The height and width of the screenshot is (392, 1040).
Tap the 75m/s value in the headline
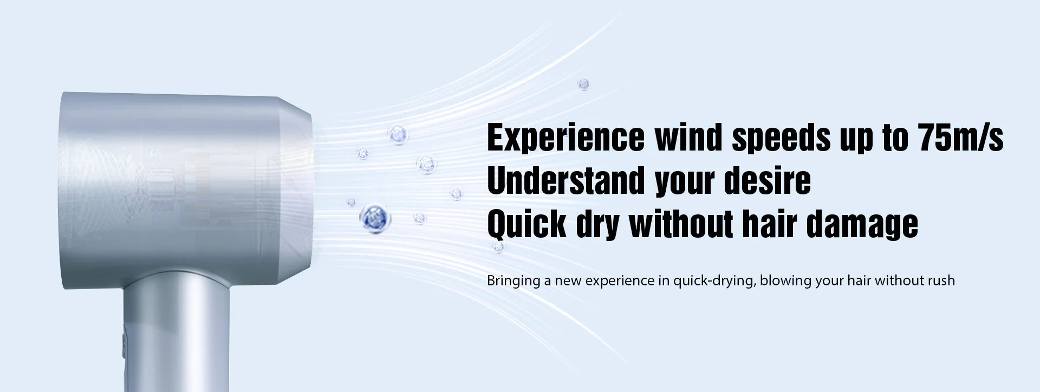pyautogui.click(x=961, y=138)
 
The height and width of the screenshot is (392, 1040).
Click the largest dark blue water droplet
pyautogui.click(x=375, y=218)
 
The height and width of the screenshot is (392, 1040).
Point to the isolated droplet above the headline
pyautogui.click(x=583, y=84)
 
